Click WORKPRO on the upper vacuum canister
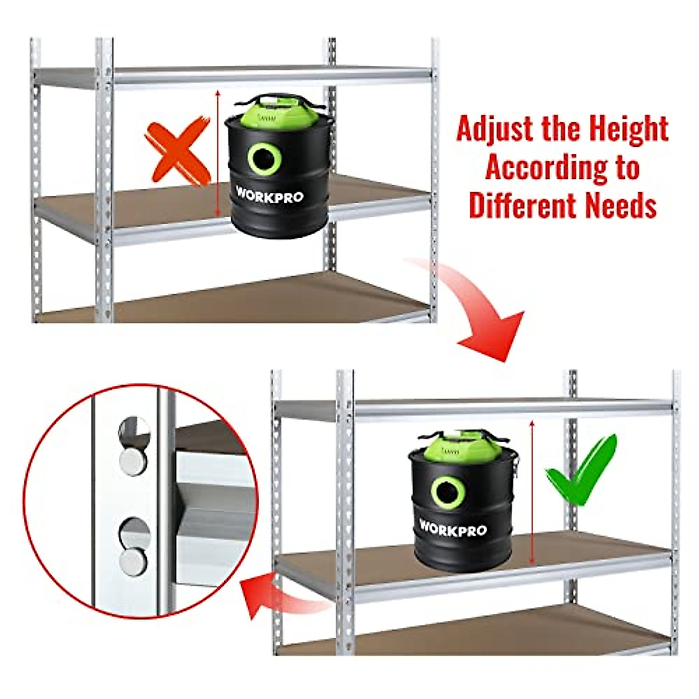coord(269,195)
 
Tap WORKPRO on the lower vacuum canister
coord(452,528)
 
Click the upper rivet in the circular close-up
coord(133,460)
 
